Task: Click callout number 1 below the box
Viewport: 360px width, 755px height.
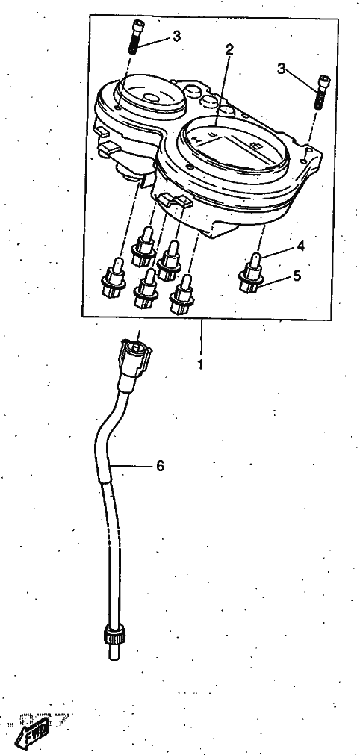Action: [x=200, y=364]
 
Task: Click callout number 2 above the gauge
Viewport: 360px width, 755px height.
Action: [x=229, y=49]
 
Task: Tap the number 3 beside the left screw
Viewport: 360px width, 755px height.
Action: [x=176, y=37]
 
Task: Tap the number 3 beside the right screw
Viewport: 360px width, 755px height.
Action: [x=282, y=69]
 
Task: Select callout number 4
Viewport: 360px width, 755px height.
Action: [x=300, y=246]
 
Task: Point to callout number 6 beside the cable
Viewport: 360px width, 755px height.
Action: [x=160, y=465]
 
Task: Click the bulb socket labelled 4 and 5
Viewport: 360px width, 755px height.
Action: [x=251, y=273]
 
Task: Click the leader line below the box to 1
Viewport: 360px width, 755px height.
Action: [x=201, y=337]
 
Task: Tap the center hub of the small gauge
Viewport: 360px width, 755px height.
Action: [x=152, y=97]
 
